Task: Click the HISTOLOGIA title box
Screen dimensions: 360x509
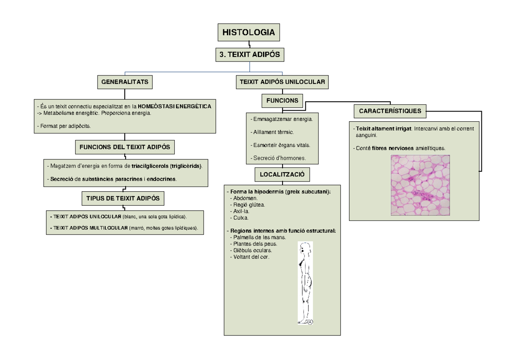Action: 249,32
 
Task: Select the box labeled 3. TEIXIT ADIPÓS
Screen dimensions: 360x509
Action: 249,55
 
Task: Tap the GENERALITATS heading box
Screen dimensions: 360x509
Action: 125,82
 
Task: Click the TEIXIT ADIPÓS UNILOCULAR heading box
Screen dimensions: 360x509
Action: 282,82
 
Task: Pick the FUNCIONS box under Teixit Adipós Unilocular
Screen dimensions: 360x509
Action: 282,101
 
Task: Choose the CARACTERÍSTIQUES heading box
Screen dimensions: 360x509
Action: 390,111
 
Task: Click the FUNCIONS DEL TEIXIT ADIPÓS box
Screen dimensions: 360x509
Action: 125,147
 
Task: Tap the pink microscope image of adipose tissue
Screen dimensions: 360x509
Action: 420,185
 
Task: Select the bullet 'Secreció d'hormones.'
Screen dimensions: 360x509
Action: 278,158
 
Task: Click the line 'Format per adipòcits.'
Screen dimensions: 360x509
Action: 66,126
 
